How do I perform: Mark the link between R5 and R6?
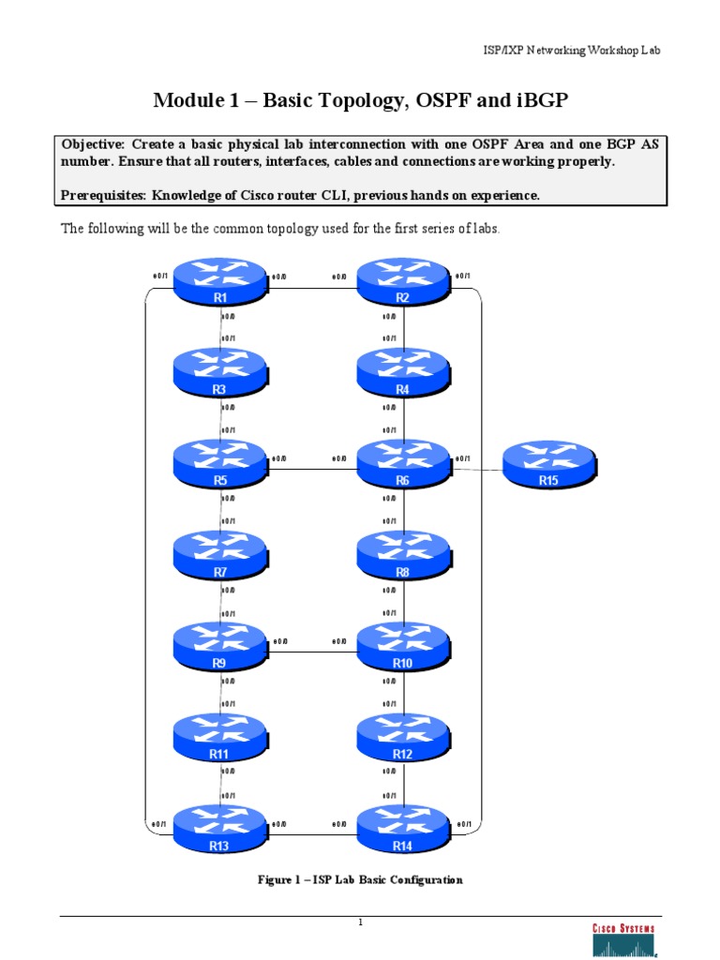[x=311, y=469]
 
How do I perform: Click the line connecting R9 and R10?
[x=311, y=652]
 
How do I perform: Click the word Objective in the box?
[x=93, y=144]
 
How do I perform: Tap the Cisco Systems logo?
[x=622, y=937]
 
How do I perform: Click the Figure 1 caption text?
[x=360, y=880]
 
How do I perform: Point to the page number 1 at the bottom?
[x=360, y=922]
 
